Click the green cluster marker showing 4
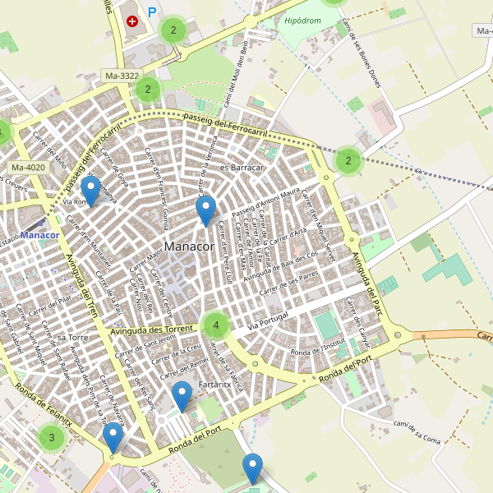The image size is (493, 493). click(x=216, y=325)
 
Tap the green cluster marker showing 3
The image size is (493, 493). click(x=52, y=437)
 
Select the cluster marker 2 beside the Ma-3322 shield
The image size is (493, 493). click(x=147, y=90)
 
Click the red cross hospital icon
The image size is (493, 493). click(x=133, y=20)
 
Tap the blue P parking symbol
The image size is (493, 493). click(x=152, y=13)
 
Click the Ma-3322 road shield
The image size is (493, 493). click(x=122, y=76)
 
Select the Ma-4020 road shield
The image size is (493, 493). click(x=29, y=168)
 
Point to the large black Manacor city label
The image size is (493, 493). click(x=189, y=246)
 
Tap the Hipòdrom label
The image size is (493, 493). click(x=302, y=20)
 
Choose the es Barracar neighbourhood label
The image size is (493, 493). click(x=241, y=168)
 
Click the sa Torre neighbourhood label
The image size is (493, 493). click(x=73, y=337)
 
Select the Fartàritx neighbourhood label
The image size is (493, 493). click(x=214, y=384)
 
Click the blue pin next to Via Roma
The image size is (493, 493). click(x=90, y=191)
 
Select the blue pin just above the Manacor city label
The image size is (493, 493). click(x=205, y=210)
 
